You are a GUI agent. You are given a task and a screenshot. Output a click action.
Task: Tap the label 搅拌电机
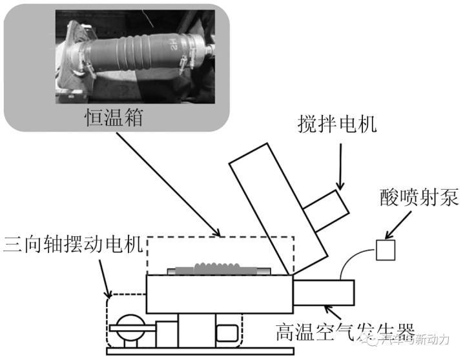coord(337,122)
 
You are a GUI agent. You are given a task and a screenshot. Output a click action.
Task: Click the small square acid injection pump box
coord(386,250)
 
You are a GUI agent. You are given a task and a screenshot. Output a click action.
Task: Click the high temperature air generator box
coord(324,292)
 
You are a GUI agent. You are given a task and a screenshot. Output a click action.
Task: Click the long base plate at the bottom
coord(226,352)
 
